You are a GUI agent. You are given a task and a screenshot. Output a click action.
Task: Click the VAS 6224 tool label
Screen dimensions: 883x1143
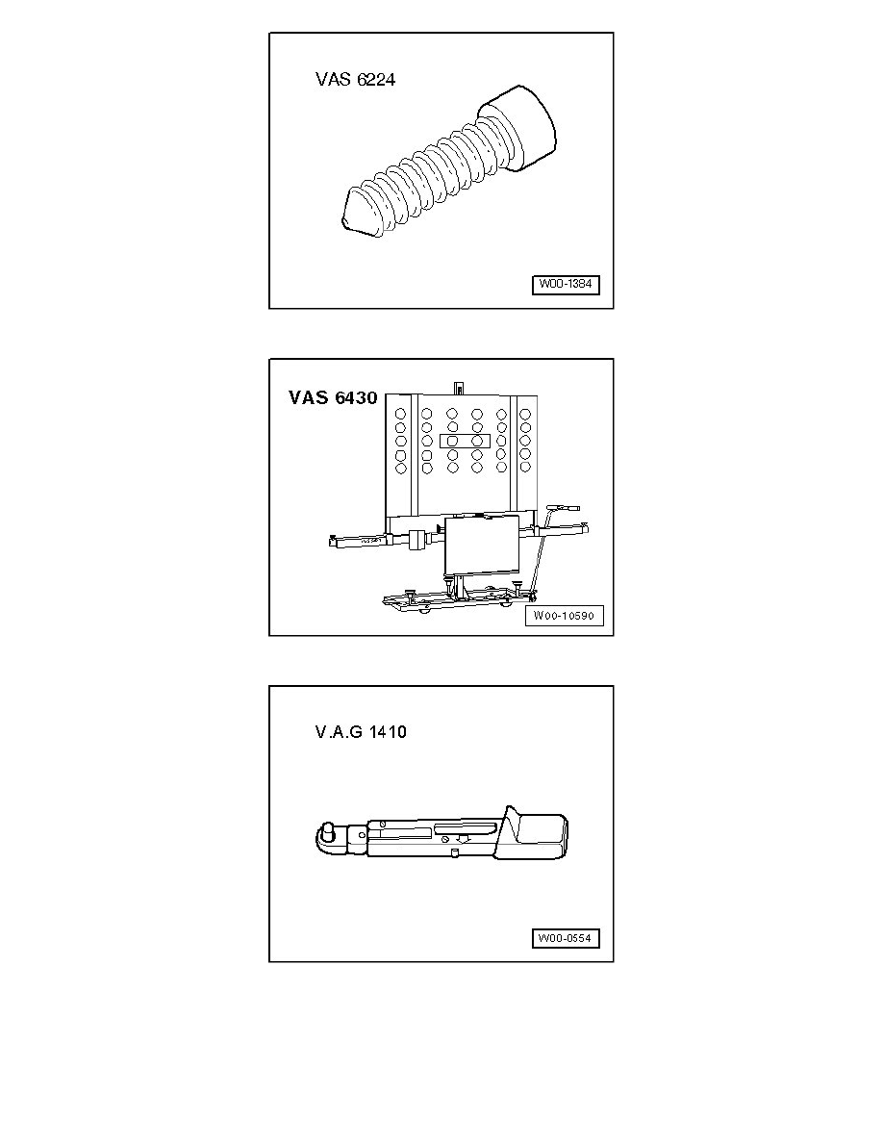[x=356, y=79]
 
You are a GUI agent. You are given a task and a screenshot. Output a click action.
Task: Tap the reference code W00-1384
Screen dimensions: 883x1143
[x=566, y=284]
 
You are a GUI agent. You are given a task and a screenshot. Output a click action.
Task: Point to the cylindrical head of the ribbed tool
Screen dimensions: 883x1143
[x=518, y=128]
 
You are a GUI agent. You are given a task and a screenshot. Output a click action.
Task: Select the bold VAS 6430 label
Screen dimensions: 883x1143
[x=333, y=397]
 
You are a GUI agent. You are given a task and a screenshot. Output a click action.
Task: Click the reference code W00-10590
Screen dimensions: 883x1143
[x=564, y=616]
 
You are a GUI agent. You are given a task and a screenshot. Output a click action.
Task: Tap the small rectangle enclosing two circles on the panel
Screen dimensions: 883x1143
[x=465, y=441]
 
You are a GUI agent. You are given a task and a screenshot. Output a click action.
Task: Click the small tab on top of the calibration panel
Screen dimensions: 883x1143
[x=458, y=388]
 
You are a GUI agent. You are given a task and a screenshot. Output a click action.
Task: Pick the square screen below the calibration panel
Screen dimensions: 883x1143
[x=482, y=543]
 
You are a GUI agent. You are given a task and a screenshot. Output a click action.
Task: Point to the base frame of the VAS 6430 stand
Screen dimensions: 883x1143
[x=459, y=597]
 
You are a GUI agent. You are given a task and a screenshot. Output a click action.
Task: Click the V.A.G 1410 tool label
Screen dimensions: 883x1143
[x=361, y=732]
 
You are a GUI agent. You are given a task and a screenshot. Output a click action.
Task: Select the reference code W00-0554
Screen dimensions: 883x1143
[x=566, y=938]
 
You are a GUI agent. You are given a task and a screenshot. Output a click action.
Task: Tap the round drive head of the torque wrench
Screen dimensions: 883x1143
[x=328, y=835]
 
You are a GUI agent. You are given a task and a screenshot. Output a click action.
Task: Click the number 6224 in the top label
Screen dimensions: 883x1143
[x=376, y=79]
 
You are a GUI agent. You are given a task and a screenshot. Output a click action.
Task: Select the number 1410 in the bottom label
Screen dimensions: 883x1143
[x=388, y=732]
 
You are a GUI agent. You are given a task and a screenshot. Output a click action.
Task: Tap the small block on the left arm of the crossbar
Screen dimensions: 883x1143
[x=416, y=541]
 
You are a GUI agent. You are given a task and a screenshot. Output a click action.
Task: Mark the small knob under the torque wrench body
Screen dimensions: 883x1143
[x=454, y=853]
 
